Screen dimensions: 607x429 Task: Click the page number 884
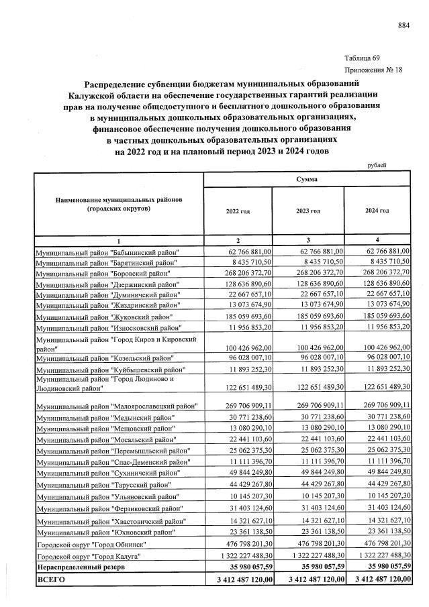point(403,26)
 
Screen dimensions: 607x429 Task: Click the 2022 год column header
point(238,211)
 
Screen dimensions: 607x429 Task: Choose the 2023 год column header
point(307,211)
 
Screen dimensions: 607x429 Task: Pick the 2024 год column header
point(377,211)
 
